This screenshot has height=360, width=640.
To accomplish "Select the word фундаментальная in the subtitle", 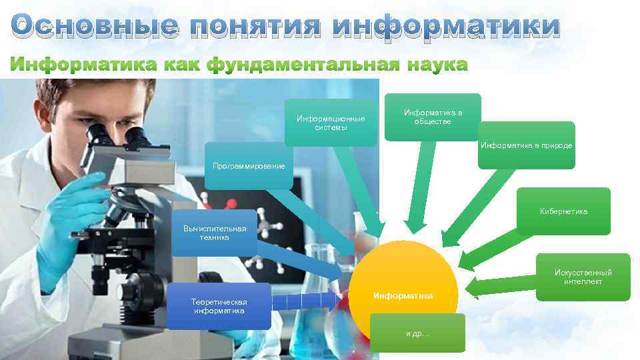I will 303,65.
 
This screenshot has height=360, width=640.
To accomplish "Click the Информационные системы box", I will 331,123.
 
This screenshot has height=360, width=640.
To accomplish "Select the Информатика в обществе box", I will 433,117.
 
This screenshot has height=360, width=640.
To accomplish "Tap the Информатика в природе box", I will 527,145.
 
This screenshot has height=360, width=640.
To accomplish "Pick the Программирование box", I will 248,165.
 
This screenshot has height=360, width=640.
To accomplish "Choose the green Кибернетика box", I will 563,211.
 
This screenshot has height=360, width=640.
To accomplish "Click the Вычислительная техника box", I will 215,233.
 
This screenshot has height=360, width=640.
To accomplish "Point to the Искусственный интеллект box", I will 583,277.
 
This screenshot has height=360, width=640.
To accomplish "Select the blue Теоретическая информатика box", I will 218,306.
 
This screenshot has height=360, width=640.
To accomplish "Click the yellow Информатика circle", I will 403,287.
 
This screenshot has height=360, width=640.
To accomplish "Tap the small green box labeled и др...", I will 417,333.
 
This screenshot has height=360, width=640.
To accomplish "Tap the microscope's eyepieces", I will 117,137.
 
